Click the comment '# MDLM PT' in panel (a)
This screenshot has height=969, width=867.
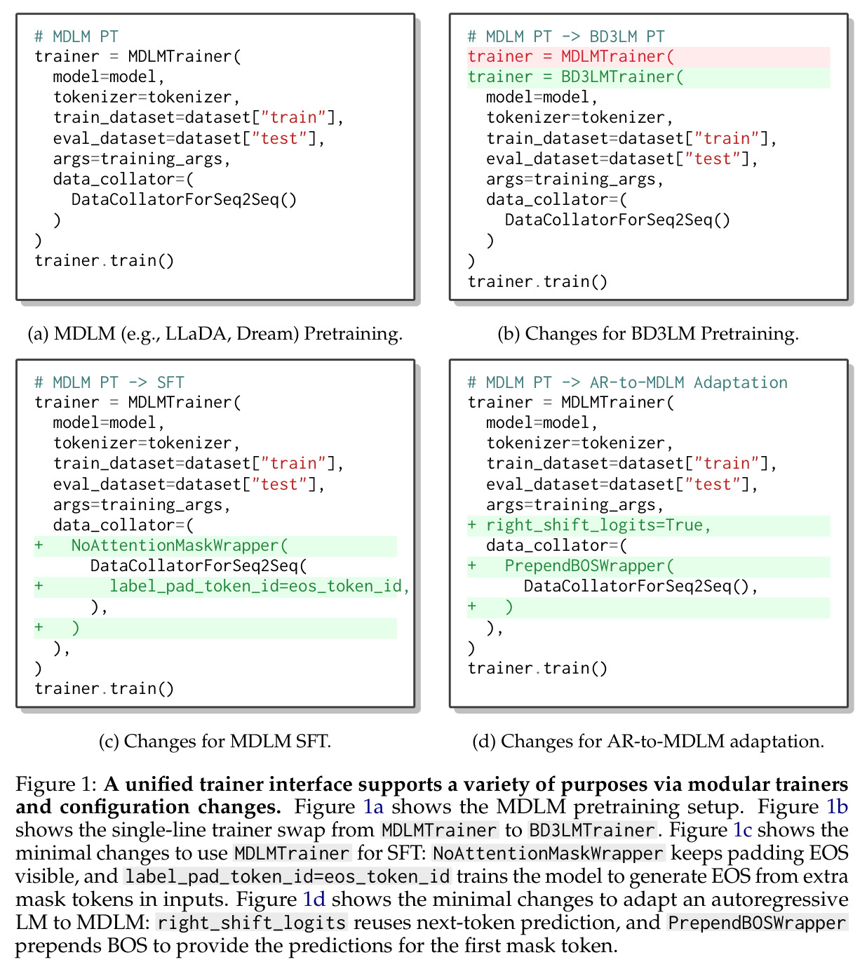point(76,36)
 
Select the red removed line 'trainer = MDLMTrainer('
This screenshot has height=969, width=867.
point(570,56)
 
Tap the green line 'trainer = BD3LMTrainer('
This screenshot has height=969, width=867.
point(575,77)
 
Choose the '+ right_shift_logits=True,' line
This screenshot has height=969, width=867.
point(589,525)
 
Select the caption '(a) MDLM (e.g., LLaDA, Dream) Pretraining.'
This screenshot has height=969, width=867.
point(215,333)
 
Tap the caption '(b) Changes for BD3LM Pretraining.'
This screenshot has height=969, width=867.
point(648,333)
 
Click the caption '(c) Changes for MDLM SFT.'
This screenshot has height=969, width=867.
point(215,741)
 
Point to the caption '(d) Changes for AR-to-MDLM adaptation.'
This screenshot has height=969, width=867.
point(648,741)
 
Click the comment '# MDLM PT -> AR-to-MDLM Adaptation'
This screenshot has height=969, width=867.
point(627,382)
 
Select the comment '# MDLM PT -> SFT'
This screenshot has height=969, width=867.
point(109,382)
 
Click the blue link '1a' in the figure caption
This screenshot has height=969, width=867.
point(373,807)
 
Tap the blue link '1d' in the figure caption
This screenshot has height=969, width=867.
point(314,900)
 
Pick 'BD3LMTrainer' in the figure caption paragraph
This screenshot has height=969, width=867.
point(592,830)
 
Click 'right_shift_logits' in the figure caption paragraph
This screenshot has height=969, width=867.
point(252,923)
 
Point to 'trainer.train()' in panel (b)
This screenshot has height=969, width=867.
point(537,281)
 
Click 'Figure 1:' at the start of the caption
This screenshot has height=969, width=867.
point(56,784)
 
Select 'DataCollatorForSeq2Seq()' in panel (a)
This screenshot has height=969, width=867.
point(184,199)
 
